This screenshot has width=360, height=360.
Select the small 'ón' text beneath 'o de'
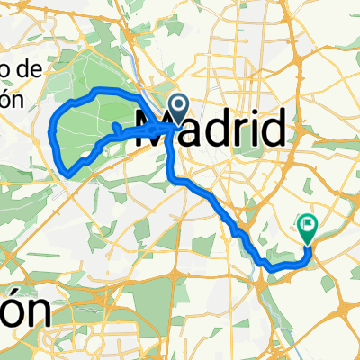pos(11,99)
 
